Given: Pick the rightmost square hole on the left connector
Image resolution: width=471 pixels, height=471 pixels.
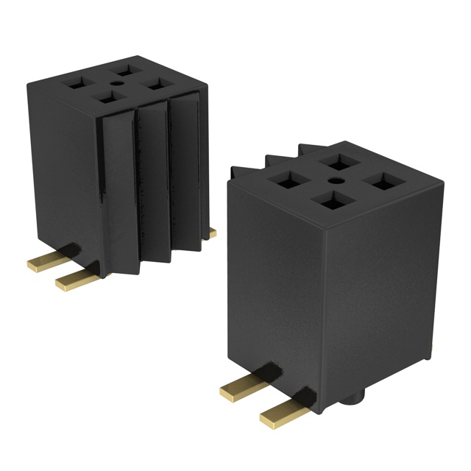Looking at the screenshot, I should click(155, 82).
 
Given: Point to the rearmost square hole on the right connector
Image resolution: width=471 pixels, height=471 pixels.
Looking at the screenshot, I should click(338, 161).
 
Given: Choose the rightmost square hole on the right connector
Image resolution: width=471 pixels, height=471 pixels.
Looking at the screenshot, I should click(381, 180).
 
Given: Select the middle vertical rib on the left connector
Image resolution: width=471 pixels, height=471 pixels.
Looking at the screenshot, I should click(152, 177).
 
